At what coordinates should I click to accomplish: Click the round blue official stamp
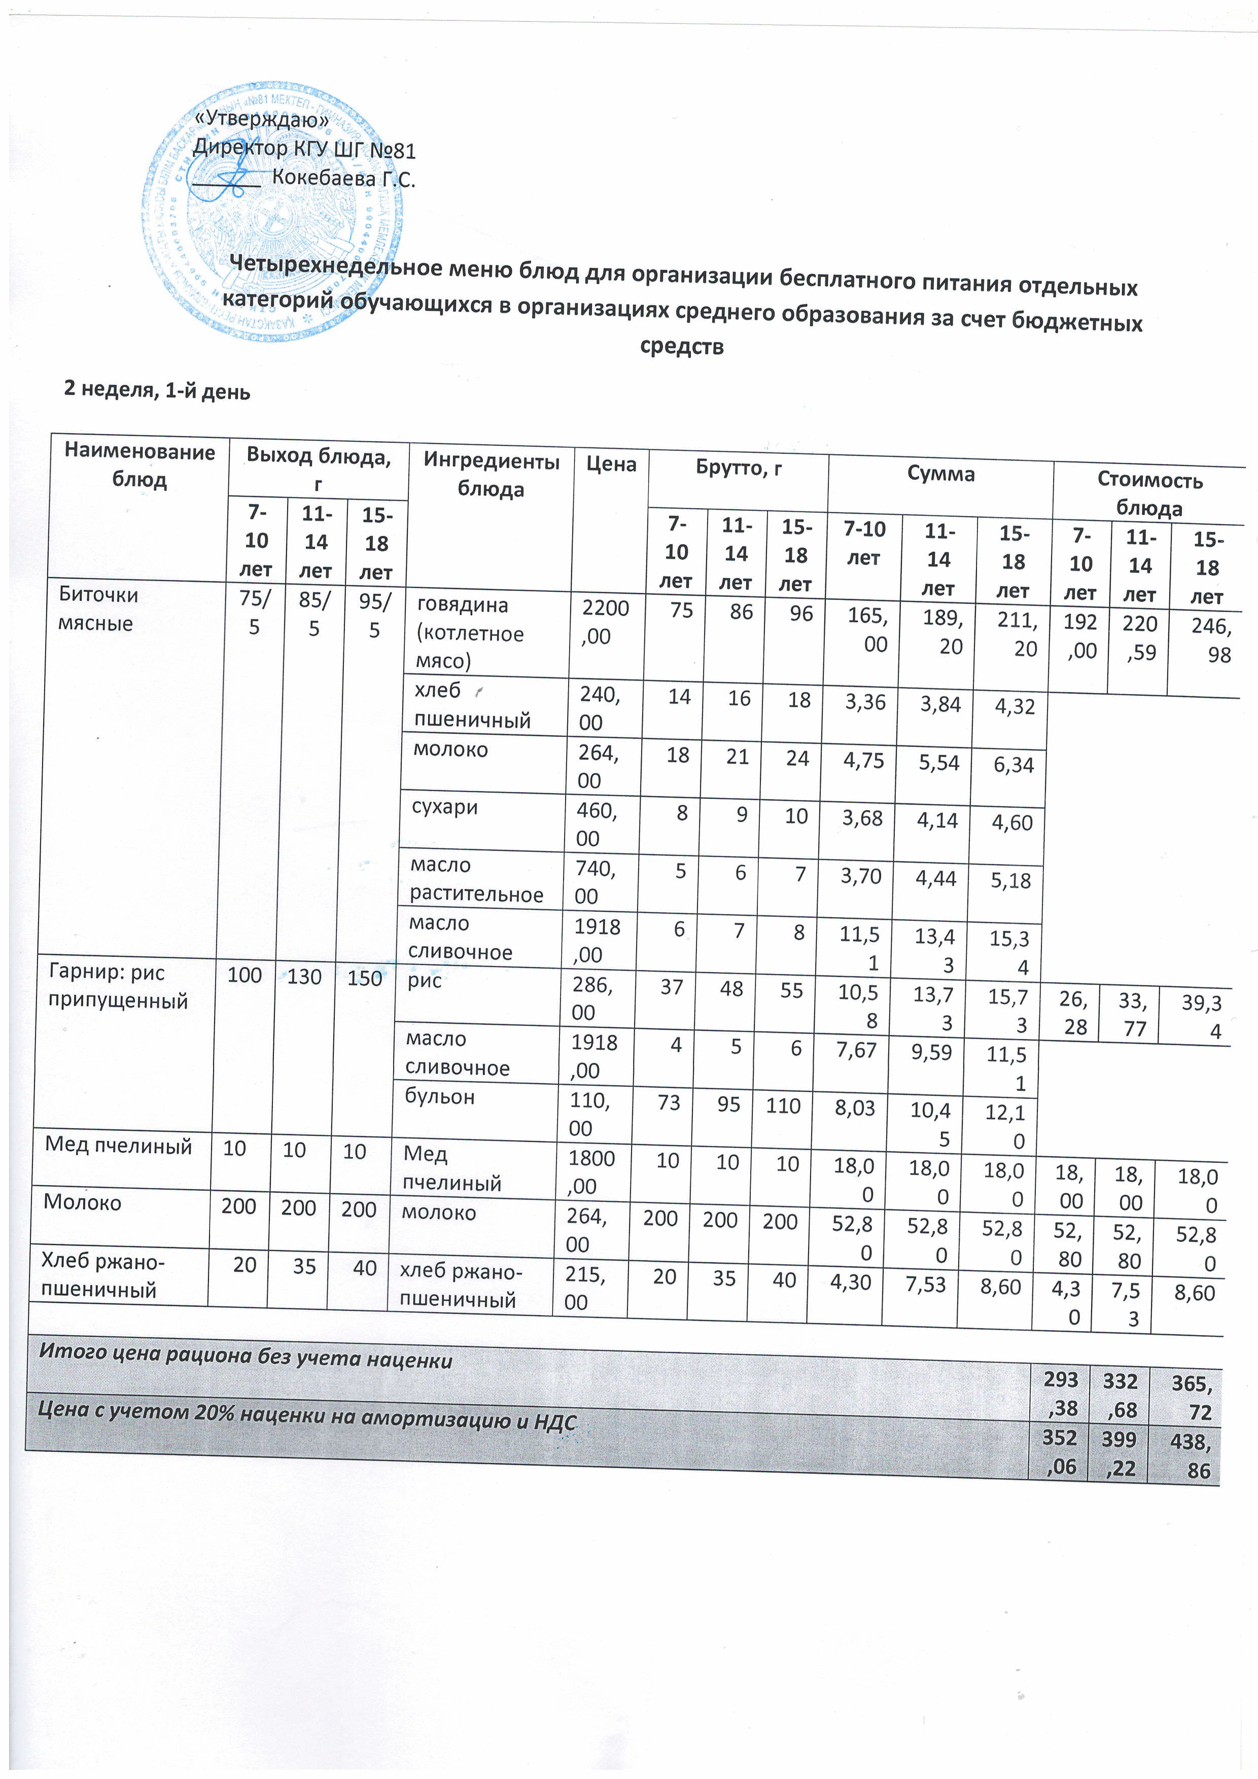point(273,212)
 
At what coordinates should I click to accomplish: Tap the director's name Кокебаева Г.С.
point(343,179)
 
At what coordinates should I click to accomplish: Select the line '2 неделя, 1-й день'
point(157,390)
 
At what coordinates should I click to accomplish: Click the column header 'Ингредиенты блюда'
point(491,475)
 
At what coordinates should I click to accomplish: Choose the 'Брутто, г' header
point(738,468)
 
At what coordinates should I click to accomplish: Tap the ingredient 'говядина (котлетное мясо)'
point(470,632)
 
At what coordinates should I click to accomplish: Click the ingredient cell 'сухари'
point(444,807)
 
